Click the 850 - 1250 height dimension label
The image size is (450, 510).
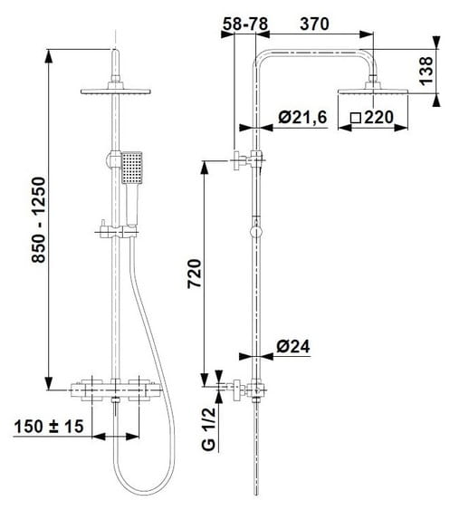38,220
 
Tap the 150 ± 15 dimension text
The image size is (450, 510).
49,427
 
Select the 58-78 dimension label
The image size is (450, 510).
245,24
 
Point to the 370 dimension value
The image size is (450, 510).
314,24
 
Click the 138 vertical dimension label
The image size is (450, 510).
426,71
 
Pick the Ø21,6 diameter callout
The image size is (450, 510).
302,117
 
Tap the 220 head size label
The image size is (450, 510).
378,117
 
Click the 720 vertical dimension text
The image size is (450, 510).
195,274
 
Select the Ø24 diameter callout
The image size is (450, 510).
293,347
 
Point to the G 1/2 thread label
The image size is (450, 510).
208,429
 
